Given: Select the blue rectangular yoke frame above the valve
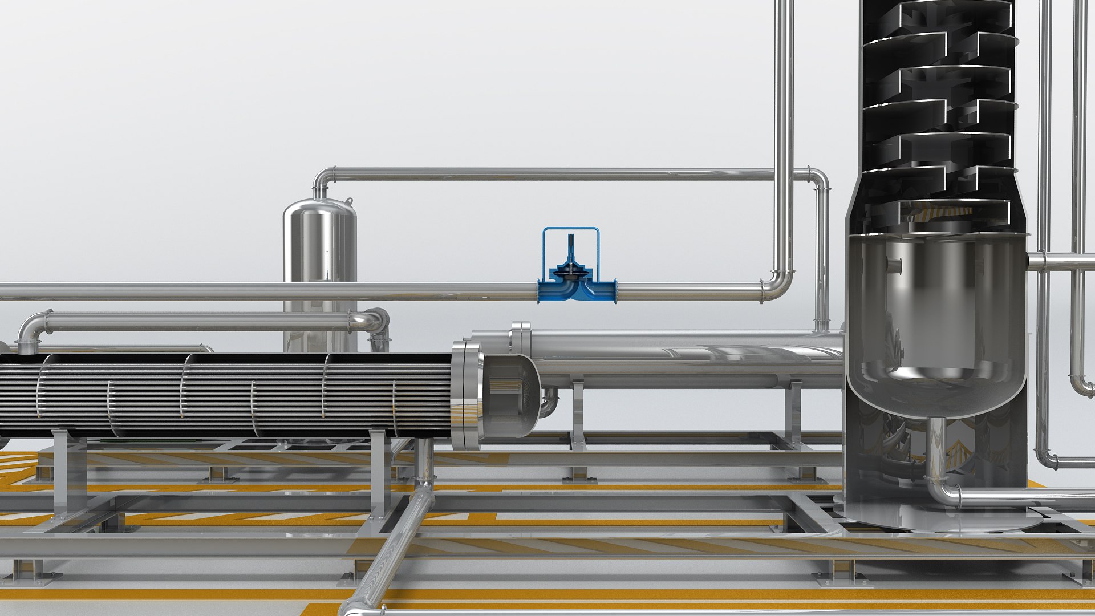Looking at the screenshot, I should [570, 230].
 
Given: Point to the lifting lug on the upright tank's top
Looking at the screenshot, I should [348, 201].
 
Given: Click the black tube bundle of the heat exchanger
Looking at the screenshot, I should [228, 394].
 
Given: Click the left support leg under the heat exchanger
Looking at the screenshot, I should [63, 473].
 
